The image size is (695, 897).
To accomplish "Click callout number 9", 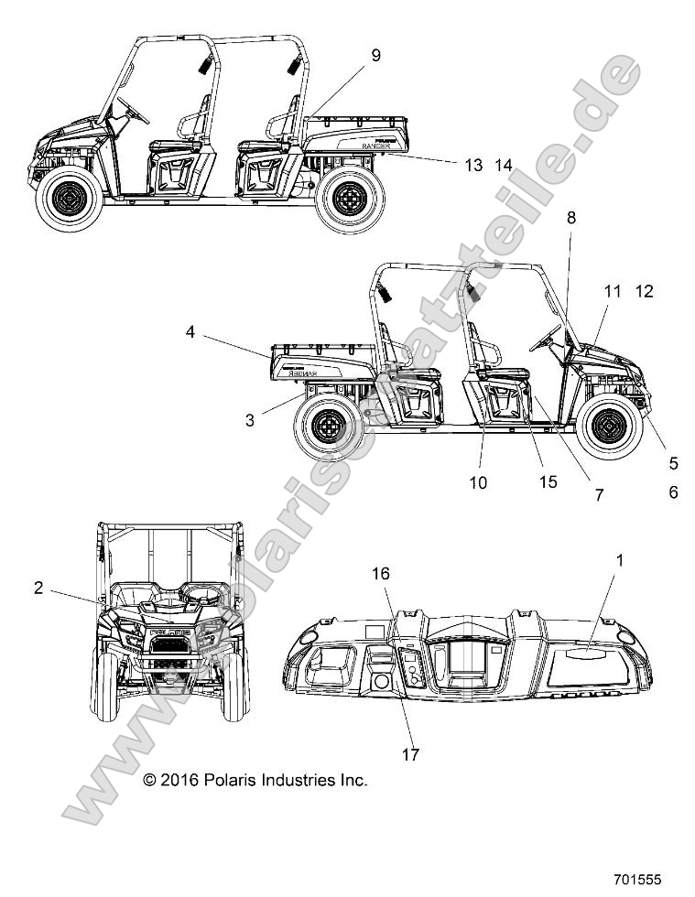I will (375, 56).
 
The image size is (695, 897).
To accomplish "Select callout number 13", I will (472, 166).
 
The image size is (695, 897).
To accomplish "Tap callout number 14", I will (503, 166).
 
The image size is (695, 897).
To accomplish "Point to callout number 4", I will (190, 333).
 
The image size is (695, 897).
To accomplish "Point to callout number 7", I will (600, 495).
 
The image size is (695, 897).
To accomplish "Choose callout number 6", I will (673, 492).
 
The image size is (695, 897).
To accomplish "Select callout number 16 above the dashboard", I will (380, 574).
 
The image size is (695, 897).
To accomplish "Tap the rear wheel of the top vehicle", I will (350, 198).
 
